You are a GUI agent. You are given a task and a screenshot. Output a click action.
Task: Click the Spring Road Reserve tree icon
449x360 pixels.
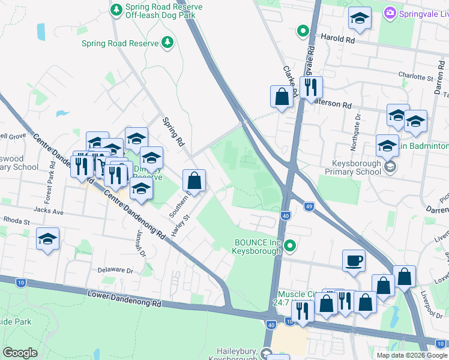pos(168,43)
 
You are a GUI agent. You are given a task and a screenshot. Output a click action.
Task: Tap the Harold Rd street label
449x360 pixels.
pos(338,38)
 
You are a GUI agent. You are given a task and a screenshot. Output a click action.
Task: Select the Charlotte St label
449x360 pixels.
pos(415,78)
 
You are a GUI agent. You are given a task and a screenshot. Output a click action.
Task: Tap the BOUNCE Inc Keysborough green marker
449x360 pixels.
pos(291,245)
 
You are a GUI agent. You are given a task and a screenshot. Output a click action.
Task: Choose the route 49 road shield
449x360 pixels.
pos(308,206)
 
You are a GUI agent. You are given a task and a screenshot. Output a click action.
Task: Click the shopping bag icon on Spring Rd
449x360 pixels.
pos(194,179)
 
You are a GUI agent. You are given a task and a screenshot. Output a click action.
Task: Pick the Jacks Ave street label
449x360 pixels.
pos(49,212)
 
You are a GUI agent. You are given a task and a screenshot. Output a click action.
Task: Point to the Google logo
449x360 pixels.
pos(20,352)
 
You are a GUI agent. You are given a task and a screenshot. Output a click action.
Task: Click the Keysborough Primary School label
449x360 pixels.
pos(357,167)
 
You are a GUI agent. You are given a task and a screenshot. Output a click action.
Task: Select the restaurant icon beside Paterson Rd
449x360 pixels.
pos(310,87)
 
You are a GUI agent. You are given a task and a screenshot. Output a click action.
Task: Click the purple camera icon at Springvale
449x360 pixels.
pos(390,13)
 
